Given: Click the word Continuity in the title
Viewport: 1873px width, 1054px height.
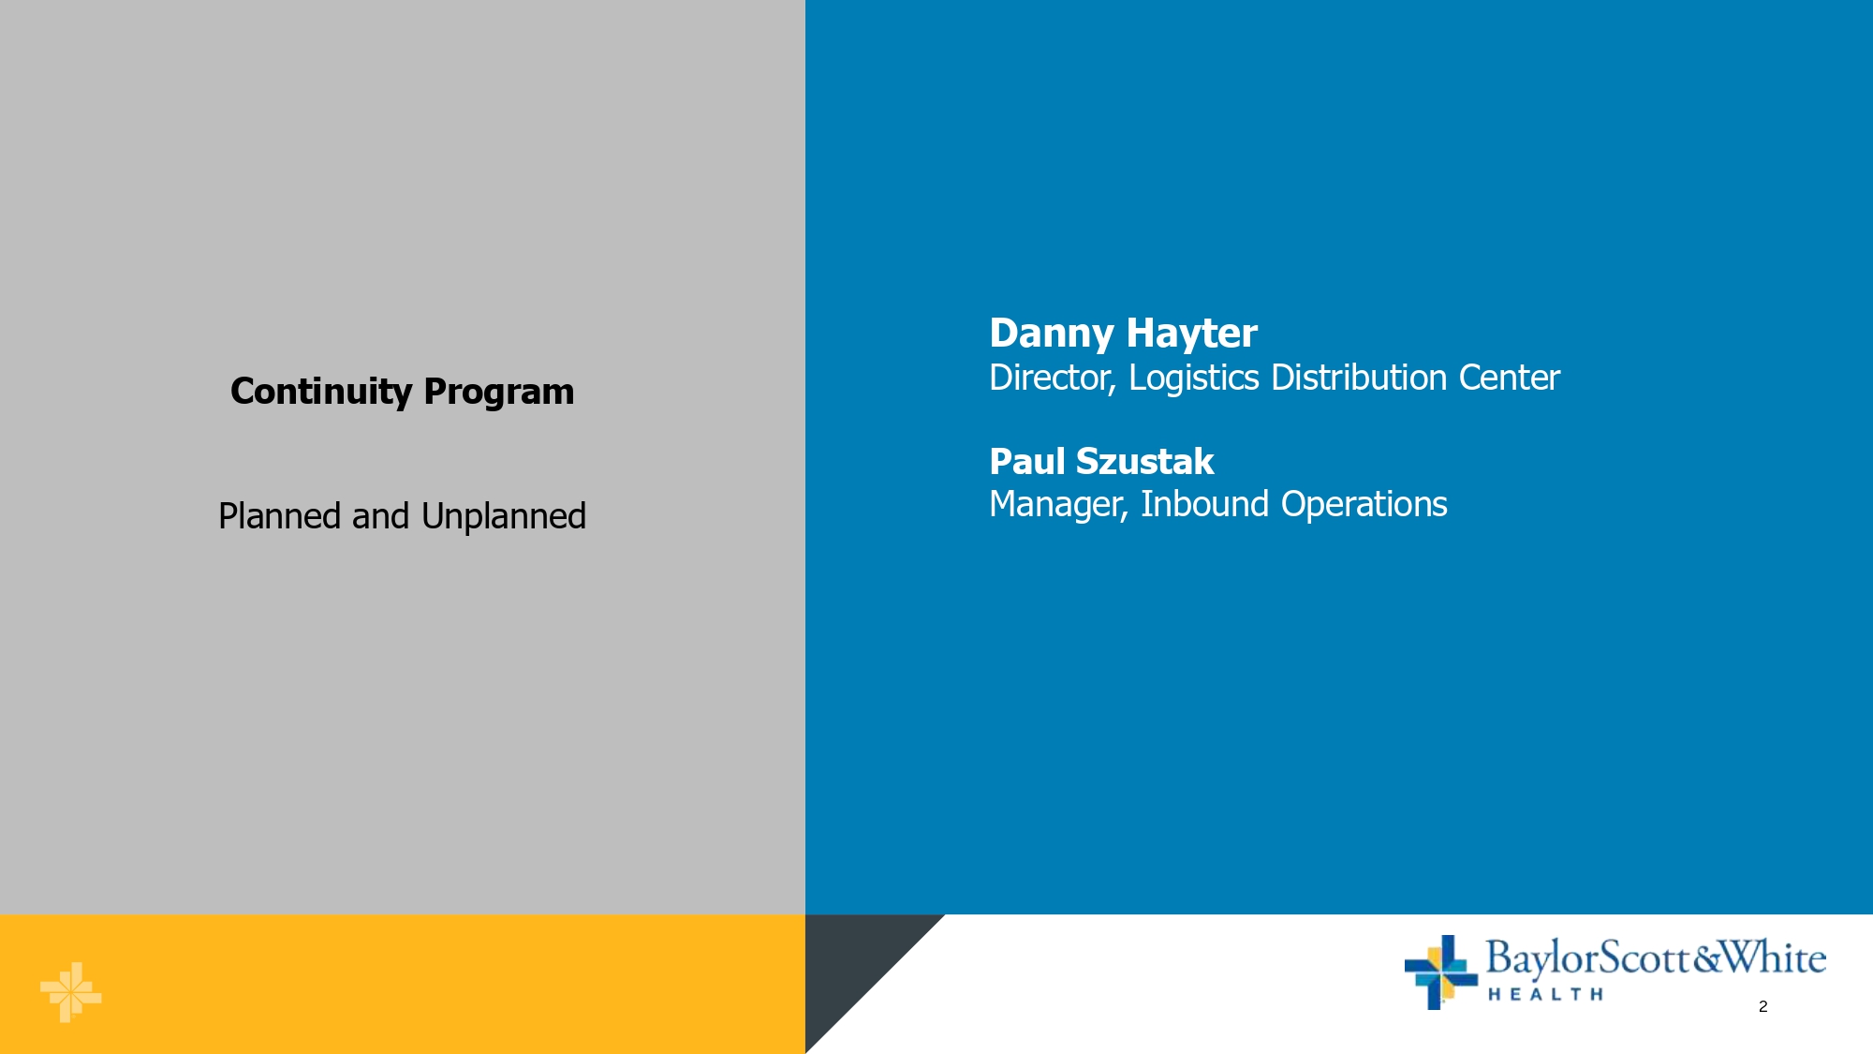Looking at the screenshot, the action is click(x=321, y=392).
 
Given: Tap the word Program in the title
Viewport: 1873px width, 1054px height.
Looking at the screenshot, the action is click(x=499, y=393).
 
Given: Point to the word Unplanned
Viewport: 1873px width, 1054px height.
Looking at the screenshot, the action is click(x=504, y=516).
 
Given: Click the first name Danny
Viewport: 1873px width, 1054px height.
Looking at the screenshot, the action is click(x=1052, y=334).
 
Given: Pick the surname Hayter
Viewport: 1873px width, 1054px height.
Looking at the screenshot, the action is click(x=1191, y=334).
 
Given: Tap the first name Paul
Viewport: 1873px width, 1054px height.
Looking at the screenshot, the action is click(x=1027, y=462).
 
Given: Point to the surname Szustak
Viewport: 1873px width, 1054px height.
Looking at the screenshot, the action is click(x=1145, y=462).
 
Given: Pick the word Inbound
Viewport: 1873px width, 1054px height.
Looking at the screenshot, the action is click(x=1205, y=504).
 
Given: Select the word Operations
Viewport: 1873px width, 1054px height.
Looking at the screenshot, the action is click(x=1364, y=504).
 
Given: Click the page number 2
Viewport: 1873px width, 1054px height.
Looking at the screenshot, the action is click(x=1762, y=1006).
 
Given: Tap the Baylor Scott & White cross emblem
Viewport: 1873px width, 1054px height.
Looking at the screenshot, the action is click(x=1440, y=972).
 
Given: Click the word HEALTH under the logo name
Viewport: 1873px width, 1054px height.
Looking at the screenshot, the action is click(x=1545, y=994).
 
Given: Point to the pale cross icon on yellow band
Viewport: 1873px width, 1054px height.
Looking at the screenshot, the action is click(x=70, y=992).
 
